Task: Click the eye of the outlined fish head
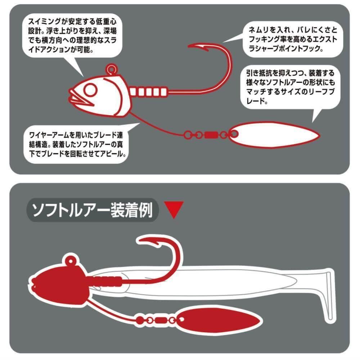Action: tap(90, 90)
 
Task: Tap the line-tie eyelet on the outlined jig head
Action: tap(112, 69)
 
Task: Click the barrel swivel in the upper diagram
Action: tap(211, 135)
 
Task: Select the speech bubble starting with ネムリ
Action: tap(293, 39)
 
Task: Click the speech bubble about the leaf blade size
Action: tap(291, 87)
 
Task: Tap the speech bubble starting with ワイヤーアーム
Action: tap(76, 144)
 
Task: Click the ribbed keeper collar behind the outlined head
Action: tap(148, 92)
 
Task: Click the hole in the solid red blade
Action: tap(181, 319)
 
